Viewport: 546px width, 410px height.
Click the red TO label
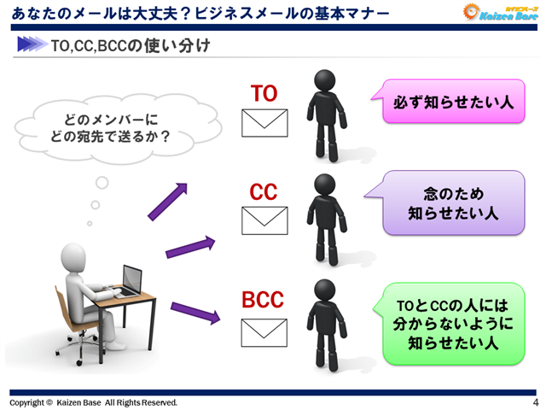(x=264, y=93)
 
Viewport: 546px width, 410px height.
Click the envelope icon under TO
(x=265, y=124)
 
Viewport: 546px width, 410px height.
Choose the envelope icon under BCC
(x=265, y=331)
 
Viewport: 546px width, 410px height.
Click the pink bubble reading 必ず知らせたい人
(x=452, y=102)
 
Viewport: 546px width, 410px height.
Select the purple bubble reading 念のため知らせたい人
(x=452, y=202)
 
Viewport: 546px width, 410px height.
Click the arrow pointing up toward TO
(x=167, y=201)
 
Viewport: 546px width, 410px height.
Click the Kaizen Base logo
(x=499, y=15)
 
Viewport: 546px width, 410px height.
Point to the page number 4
(x=535, y=402)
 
